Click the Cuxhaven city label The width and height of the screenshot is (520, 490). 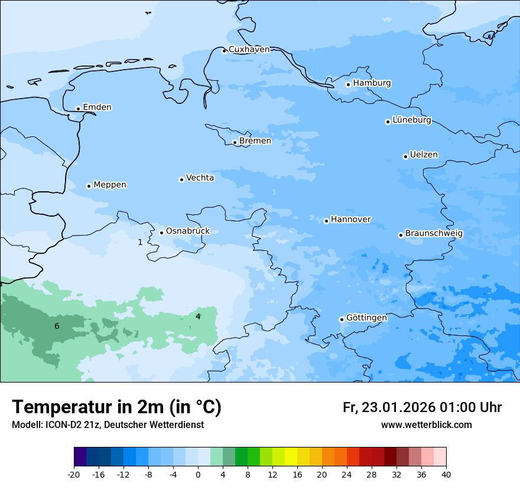tap(249, 50)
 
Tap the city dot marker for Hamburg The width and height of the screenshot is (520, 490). tap(348, 84)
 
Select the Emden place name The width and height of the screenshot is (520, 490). tap(97, 107)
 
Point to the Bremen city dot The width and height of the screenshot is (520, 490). tap(235, 142)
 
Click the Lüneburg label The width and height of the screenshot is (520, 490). tap(411, 120)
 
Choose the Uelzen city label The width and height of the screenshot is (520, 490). tap(424, 155)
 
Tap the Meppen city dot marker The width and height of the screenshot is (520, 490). tap(89, 186)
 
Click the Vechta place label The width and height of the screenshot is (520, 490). tap(200, 178)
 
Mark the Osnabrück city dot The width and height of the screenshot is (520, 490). tap(161, 233)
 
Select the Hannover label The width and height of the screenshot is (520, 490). tap(350, 220)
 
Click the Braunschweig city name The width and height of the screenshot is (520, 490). tap(434, 234)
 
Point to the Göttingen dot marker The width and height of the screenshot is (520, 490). tap(342, 319)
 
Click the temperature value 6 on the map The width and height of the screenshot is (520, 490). tap(57, 326)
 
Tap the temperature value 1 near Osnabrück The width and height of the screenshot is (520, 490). tap(140, 242)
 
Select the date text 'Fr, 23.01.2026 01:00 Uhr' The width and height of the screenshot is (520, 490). tap(422, 407)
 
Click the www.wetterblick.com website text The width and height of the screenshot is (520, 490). tap(426, 425)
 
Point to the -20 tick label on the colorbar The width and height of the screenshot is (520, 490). tap(74, 475)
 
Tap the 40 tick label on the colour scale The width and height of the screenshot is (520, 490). tap(446, 475)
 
